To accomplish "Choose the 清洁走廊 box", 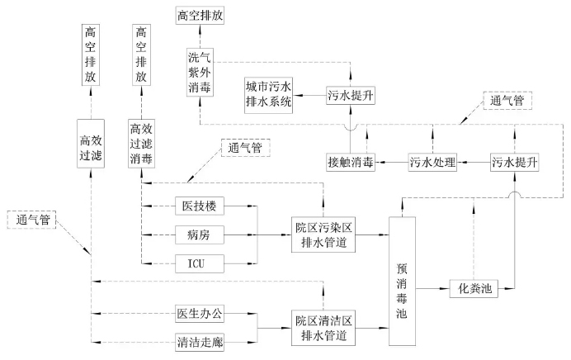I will point(201,340).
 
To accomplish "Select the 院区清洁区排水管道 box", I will point(325,327).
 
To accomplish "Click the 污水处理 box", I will point(433,163).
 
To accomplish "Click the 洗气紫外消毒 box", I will point(200,73).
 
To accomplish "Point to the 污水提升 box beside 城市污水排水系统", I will point(351,95).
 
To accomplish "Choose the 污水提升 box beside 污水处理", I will point(514,163).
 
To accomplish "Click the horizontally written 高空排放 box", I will point(200,15).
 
